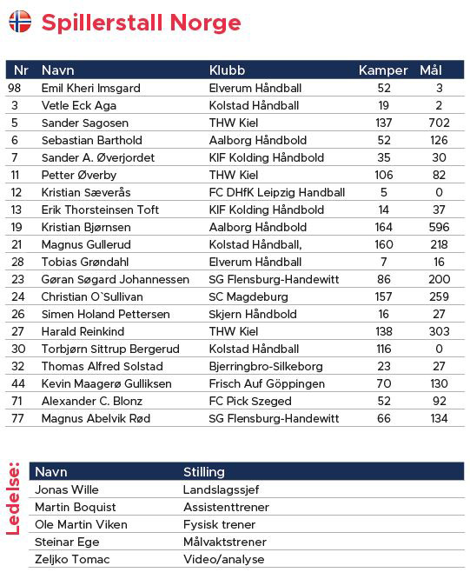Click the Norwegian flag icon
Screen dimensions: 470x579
(x=20, y=22)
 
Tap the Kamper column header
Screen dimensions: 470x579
(x=383, y=70)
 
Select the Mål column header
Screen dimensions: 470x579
(x=431, y=70)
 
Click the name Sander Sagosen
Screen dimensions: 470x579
(x=85, y=123)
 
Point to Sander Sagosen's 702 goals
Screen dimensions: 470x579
(x=439, y=123)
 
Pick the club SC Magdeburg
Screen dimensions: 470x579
(x=248, y=296)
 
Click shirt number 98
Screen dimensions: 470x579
(x=14, y=88)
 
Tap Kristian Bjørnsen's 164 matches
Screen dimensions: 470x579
(x=383, y=227)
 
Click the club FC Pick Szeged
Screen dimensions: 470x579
(x=251, y=401)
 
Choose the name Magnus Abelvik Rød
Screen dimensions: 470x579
(x=96, y=418)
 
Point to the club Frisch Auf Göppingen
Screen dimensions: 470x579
(x=267, y=383)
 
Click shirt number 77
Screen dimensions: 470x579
(x=15, y=418)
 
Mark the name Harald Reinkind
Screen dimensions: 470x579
(x=83, y=331)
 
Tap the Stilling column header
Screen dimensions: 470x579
(x=204, y=472)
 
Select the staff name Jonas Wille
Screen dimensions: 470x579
(x=67, y=489)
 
